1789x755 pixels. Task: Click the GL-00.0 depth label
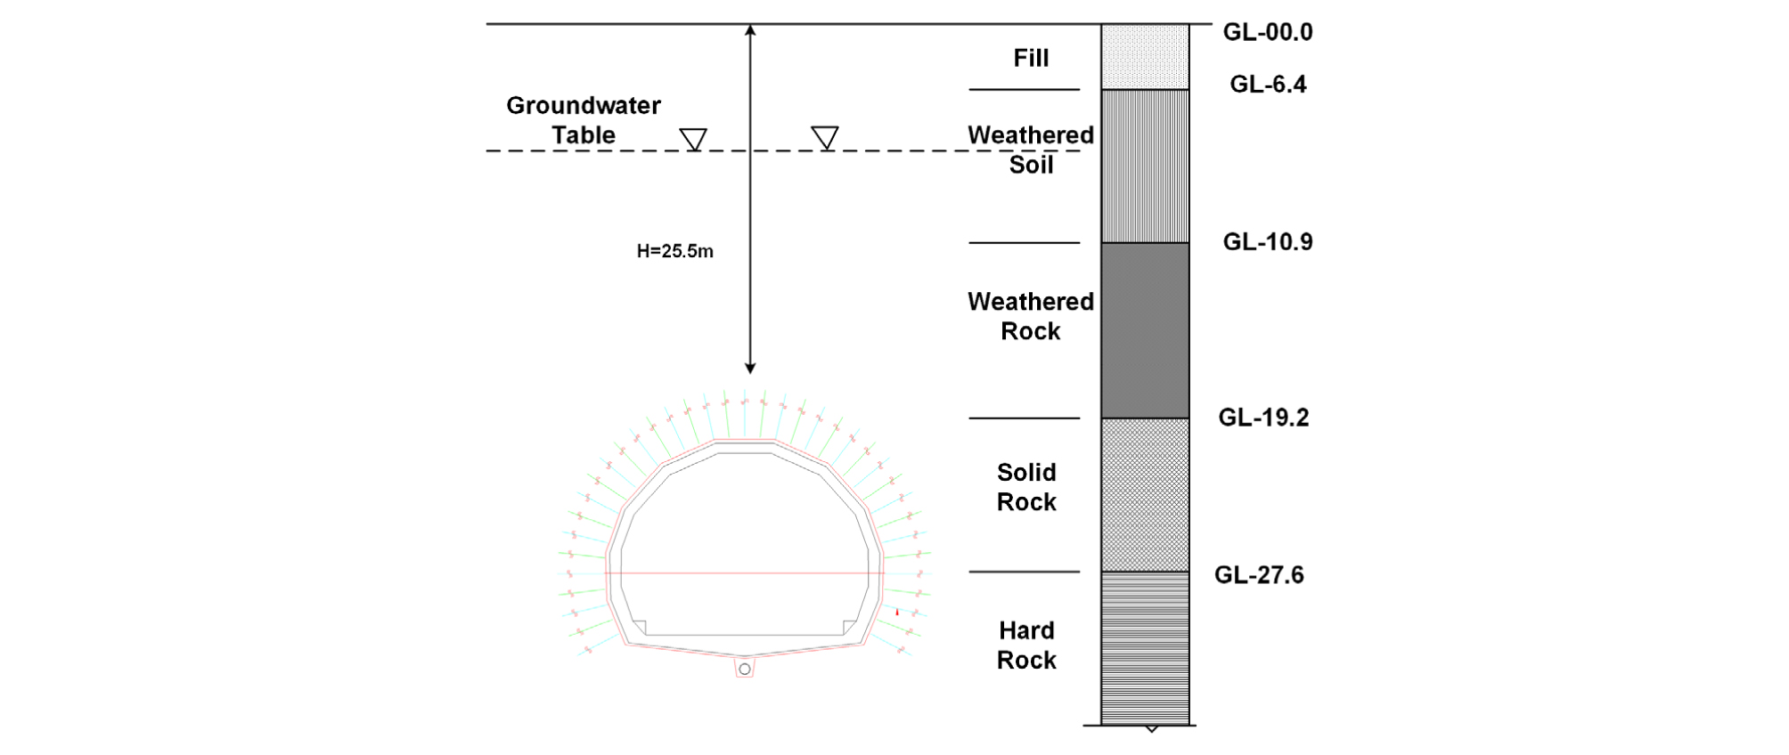pyautogui.click(x=1267, y=32)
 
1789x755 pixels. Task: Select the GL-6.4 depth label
pyautogui.click(x=1267, y=85)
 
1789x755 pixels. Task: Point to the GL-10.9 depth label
pyautogui.click(x=1267, y=242)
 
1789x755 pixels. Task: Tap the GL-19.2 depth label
pyautogui.click(x=1263, y=418)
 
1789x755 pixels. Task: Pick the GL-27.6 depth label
pyautogui.click(x=1259, y=575)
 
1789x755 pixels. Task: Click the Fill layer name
pyautogui.click(x=1031, y=59)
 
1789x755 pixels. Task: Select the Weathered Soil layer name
pyautogui.click(x=1031, y=150)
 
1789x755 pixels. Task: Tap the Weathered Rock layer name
pyautogui.click(x=1031, y=316)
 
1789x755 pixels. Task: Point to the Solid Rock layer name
pyautogui.click(x=1026, y=487)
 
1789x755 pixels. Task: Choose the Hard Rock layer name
pyautogui.click(x=1026, y=645)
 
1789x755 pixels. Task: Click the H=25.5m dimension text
pyautogui.click(x=674, y=252)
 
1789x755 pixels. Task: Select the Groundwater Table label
pyautogui.click(x=584, y=120)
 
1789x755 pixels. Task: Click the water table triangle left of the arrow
pyautogui.click(x=693, y=139)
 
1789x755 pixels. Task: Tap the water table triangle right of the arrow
pyautogui.click(x=825, y=138)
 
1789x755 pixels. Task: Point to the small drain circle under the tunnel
pyautogui.click(x=745, y=669)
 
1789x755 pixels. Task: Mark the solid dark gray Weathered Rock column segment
pyautogui.click(x=1145, y=330)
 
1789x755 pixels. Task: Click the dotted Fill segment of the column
pyautogui.click(x=1145, y=57)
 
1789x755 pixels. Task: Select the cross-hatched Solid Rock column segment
pyautogui.click(x=1145, y=495)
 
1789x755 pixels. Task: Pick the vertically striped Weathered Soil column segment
pyautogui.click(x=1145, y=166)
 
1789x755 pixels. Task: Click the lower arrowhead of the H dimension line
pyautogui.click(x=750, y=368)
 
